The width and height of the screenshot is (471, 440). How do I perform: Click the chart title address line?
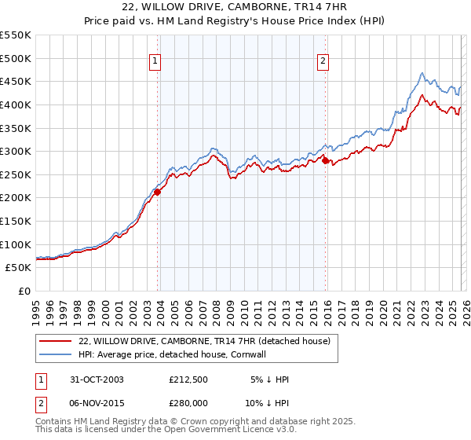point(235,9)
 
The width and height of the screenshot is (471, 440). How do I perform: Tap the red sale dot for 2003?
point(157,191)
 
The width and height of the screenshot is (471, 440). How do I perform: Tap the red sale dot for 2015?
point(326,160)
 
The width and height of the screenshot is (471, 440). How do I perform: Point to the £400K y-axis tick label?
point(16,104)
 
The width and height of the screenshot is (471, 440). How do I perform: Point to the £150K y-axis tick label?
point(16,221)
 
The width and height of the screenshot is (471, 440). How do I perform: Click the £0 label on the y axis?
point(25,291)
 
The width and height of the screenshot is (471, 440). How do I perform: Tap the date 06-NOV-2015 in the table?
point(95,403)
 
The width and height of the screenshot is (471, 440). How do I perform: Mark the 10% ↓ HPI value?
point(266,403)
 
